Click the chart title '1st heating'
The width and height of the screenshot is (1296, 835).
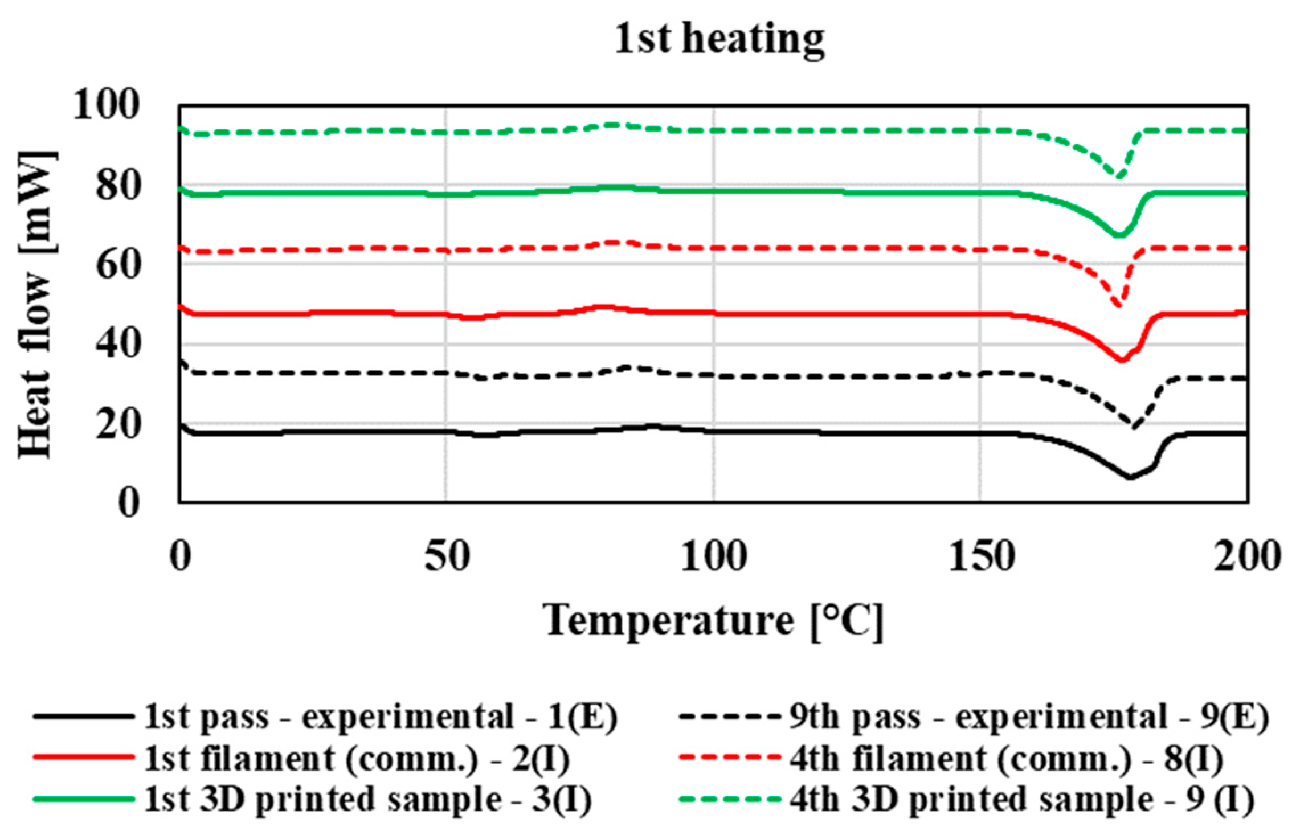click(x=719, y=39)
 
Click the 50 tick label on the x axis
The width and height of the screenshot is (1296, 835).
click(x=447, y=556)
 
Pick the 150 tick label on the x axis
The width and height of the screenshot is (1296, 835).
click(x=980, y=556)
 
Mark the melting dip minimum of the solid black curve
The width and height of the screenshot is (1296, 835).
click(x=1130, y=477)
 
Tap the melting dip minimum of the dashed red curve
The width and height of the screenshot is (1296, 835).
click(x=1120, y=305)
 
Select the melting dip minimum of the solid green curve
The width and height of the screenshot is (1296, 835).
click(x=1119, y=235)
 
